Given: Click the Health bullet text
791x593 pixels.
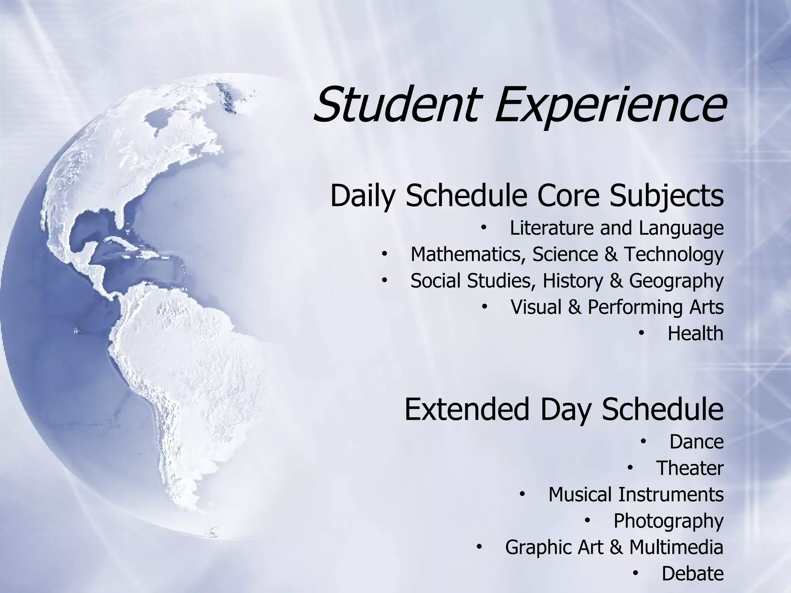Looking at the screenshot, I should coord(695,334).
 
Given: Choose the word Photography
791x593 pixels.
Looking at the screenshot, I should coord(668,522).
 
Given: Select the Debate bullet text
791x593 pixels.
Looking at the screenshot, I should coord(693,574).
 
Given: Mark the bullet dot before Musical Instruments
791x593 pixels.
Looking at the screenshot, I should coord(522,495).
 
